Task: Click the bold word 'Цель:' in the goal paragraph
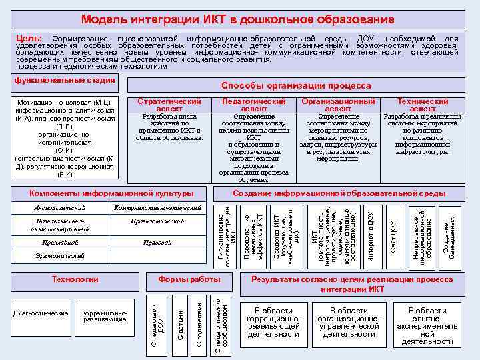tap(29, 40)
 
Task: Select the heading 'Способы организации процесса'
tap(295, 86)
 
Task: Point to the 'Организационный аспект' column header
tap(338, 105)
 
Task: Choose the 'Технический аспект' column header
tap(423, 105)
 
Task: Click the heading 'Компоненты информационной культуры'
tap(111, 193)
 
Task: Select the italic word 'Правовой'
tap(157, 243)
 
